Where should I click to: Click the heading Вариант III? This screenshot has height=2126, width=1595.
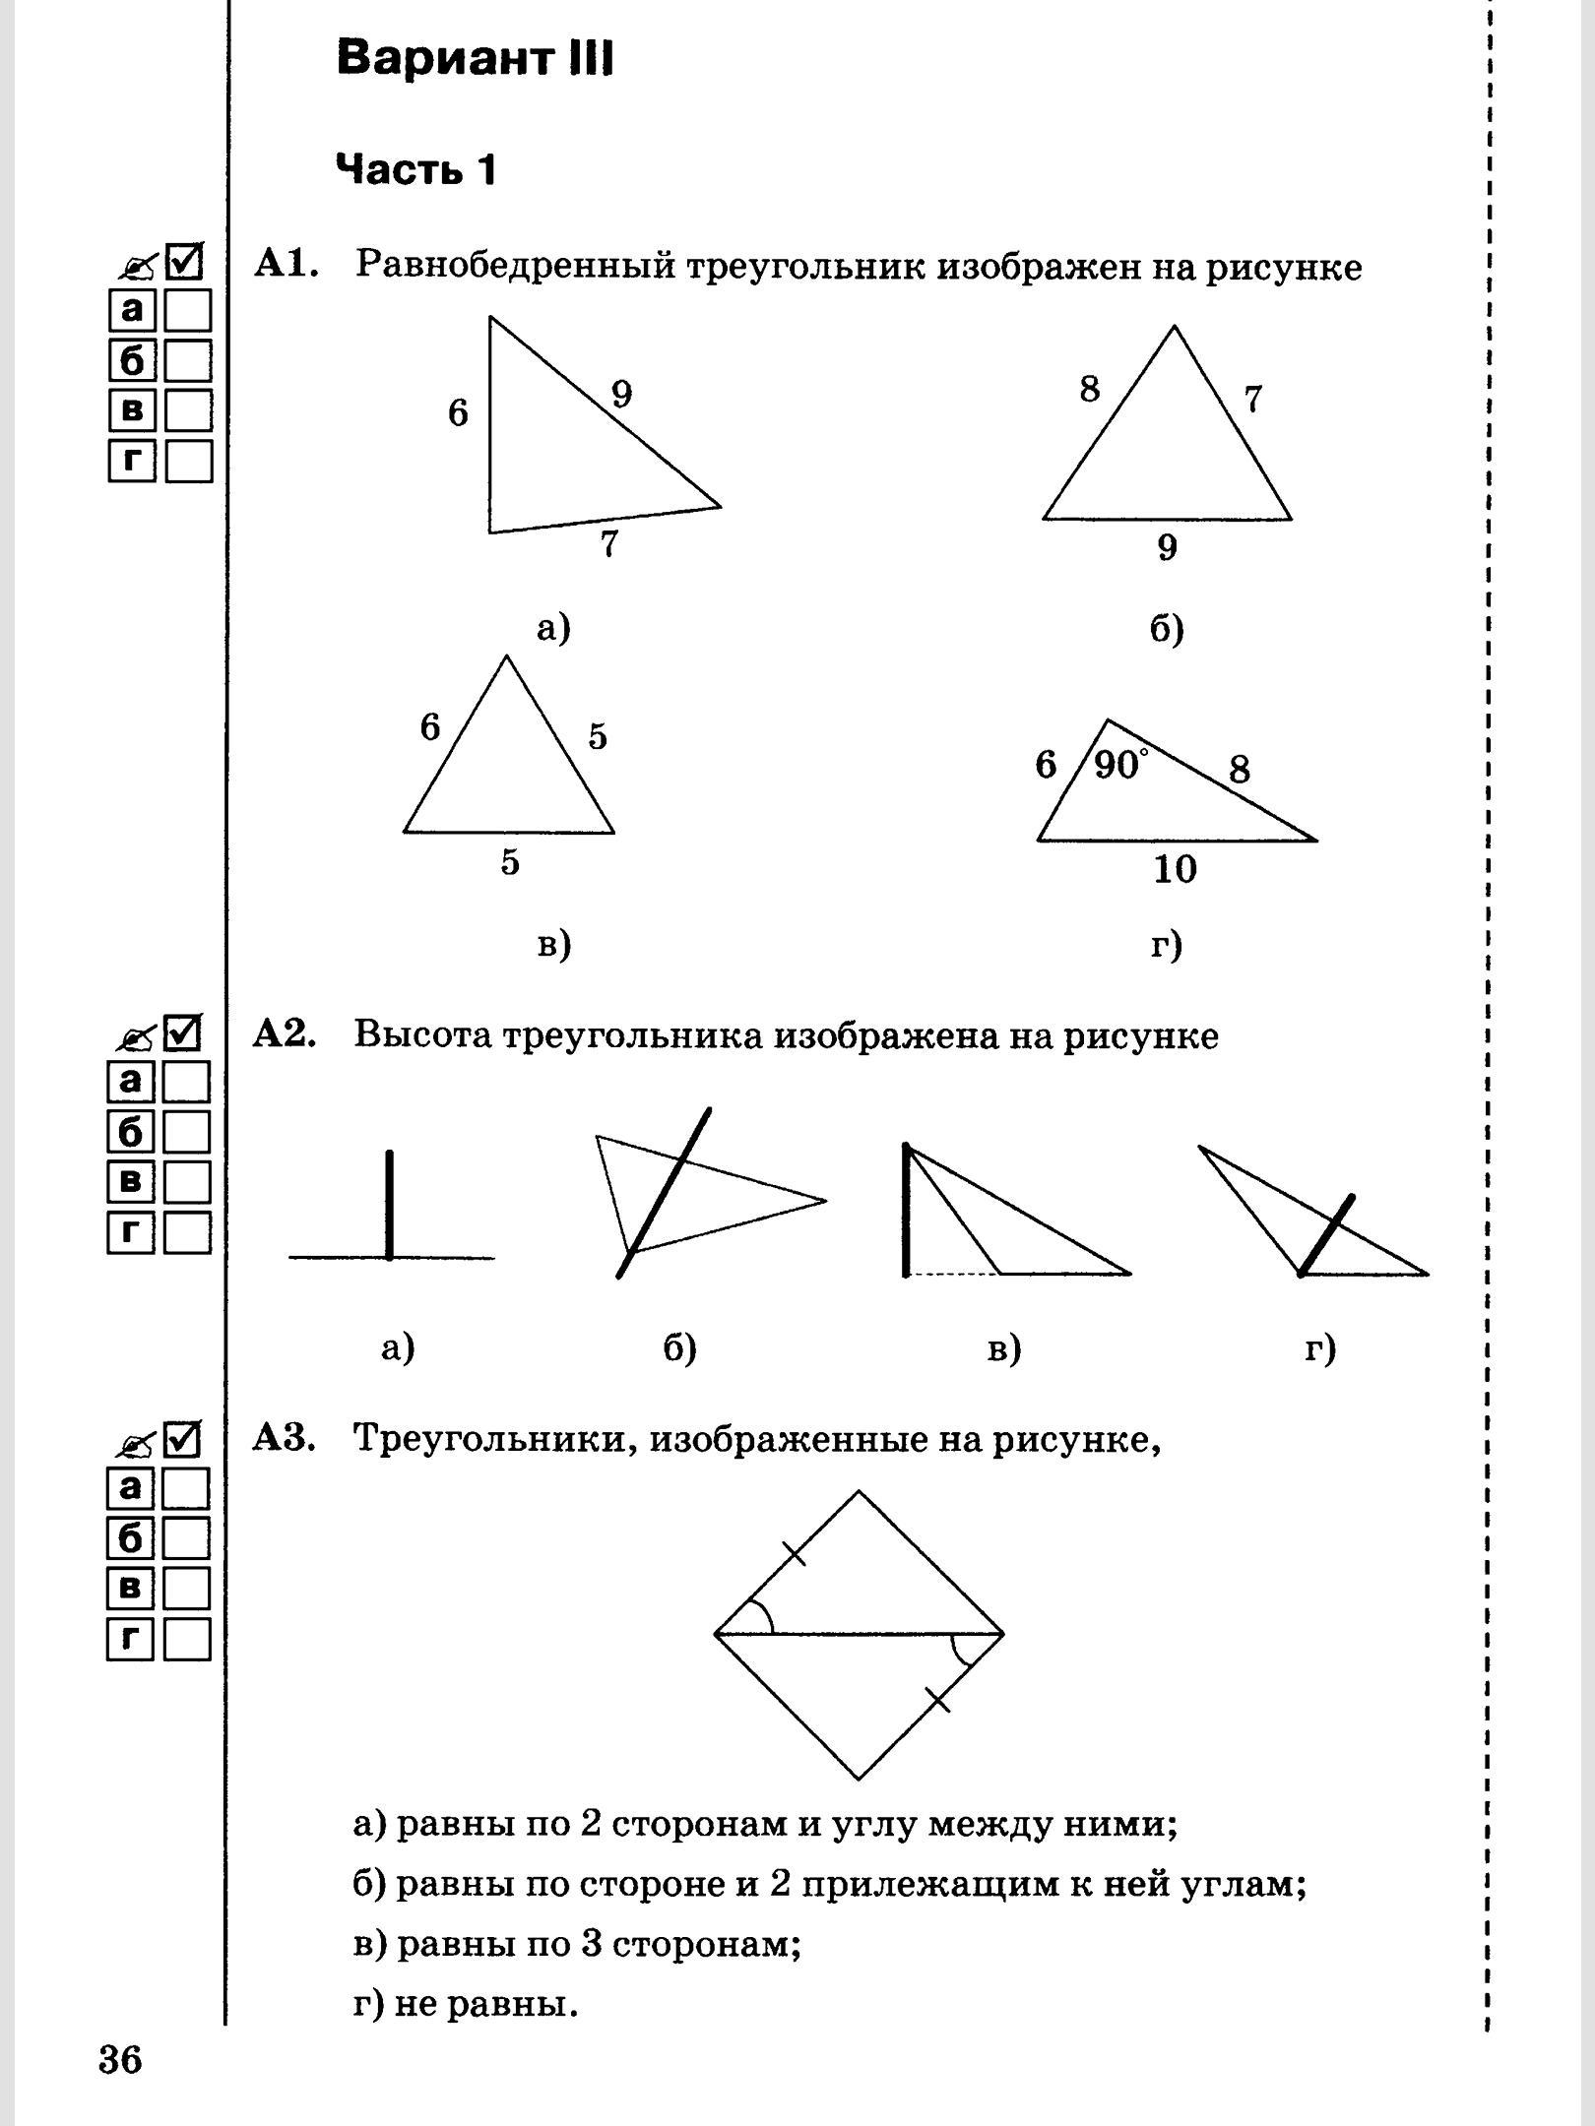(x=475, y=59)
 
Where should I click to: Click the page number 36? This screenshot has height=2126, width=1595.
(x=121, y=2059)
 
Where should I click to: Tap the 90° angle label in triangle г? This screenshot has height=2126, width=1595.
(x=1120, y=765)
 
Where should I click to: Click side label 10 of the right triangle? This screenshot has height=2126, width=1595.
(x=1175, y=869)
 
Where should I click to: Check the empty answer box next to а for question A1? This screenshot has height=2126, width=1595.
(x=188, y=311)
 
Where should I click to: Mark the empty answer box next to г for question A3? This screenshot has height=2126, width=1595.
(x=187, y=1640)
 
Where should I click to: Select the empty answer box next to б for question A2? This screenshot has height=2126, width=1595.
(x=187, y=1133)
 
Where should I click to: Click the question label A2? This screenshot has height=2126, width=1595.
(x=284, y=1034)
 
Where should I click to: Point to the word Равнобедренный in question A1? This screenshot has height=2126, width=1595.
(x=512, y=267)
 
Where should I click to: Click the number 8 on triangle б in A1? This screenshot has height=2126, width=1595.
(x=1089, y=390)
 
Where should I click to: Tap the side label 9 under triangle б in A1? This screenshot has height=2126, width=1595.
(x=1167, y=547)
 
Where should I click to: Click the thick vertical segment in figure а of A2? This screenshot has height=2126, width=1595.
(x=390, y=1205)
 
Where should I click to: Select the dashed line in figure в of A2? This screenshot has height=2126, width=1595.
(x=953, y=1275)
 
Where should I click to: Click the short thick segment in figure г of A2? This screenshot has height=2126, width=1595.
(x=1326, y=1236)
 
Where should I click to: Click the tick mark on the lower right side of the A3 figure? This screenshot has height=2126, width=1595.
(x=938, y=1700)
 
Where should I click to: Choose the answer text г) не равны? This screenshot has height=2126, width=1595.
(x=465, y=2004)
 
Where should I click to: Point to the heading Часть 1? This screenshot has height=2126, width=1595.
(x=416, y=170)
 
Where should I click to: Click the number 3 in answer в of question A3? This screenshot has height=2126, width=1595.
(x=595, y=1945)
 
